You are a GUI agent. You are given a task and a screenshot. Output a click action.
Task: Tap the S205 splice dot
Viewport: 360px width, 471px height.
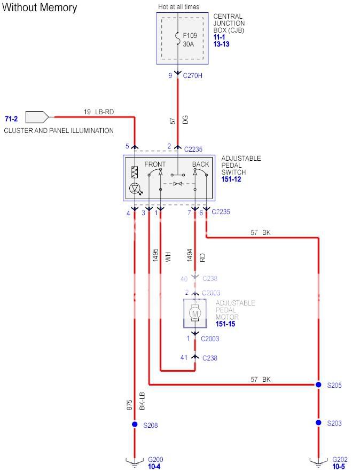click(x=318, y=384)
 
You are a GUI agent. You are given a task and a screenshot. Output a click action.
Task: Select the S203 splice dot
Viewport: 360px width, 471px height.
click(x=318, y=423)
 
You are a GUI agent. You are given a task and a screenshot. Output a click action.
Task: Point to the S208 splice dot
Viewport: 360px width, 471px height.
click(x=134, y=425)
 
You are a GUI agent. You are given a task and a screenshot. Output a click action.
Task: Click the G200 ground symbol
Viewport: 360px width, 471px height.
click(x=134, y=461)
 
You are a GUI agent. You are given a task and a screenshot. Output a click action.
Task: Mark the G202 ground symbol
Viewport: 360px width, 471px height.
click(x=318, y=461)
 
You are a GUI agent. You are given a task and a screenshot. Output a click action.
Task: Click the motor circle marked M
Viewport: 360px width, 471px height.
click(x=194, y=313)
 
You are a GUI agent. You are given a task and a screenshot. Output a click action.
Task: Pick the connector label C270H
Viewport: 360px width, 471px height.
click(x=193, y=76)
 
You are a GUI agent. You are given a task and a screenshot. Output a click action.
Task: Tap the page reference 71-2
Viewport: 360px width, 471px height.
click(x=12, y=119)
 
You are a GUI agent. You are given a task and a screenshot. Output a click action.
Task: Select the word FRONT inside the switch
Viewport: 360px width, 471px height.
click(x=155, y=164)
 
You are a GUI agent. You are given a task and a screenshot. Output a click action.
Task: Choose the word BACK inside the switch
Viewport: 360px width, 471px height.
click(x=200, y=164)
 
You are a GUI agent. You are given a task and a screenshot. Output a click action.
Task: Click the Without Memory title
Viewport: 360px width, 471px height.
click(x=40, y=7)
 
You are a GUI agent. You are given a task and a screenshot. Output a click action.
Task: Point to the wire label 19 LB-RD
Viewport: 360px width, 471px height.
click(x=99, y=112)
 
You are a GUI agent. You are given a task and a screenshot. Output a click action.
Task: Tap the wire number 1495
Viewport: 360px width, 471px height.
click(x=155, y=254)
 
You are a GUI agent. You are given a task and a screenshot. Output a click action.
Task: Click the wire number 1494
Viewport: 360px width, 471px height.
click(x=190, y=254)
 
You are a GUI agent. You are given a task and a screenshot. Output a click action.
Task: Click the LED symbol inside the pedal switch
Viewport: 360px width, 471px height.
click(x=135, y=189)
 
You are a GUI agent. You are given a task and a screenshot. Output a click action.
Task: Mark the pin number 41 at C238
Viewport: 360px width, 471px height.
click(x=184, y=358)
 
